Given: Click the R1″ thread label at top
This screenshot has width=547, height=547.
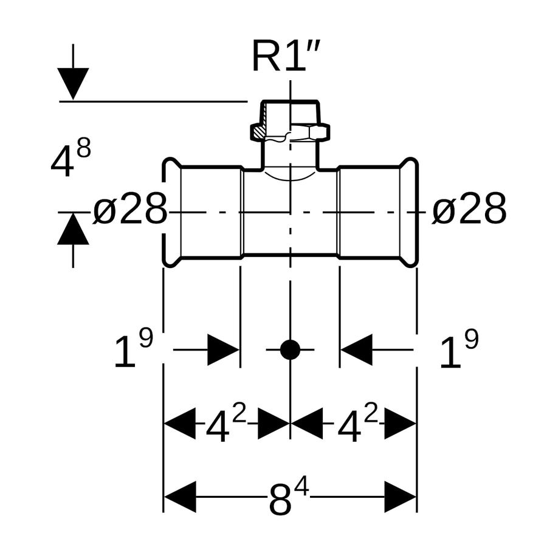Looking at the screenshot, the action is pos(286,56).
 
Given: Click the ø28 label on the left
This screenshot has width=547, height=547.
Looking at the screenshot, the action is pos(130,209).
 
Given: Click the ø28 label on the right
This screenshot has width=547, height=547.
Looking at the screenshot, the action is pos(469,209).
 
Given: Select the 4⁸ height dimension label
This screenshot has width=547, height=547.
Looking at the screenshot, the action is pos(71,157).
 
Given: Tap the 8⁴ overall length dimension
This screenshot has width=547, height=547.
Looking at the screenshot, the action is pos(289,497).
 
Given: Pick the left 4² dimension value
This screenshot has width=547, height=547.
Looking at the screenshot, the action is pos(227,423).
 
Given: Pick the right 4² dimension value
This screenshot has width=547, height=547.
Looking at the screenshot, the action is pos(358,423).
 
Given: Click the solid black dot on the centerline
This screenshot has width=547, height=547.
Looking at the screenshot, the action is pos(290,349).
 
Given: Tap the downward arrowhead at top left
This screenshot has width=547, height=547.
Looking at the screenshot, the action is pos(73,84).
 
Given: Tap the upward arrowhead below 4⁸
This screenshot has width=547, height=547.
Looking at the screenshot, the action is pos(73,229).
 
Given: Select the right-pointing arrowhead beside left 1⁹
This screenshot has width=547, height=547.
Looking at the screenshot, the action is pos(223,349).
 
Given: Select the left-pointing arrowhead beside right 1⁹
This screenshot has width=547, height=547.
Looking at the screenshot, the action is pos(357,349).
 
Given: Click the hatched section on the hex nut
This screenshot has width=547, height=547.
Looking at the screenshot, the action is pos(259,132).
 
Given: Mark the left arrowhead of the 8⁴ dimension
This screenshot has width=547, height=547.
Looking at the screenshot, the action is pos(180,497).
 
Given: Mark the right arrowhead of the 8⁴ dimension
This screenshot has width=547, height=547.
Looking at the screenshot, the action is pos(401,497).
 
